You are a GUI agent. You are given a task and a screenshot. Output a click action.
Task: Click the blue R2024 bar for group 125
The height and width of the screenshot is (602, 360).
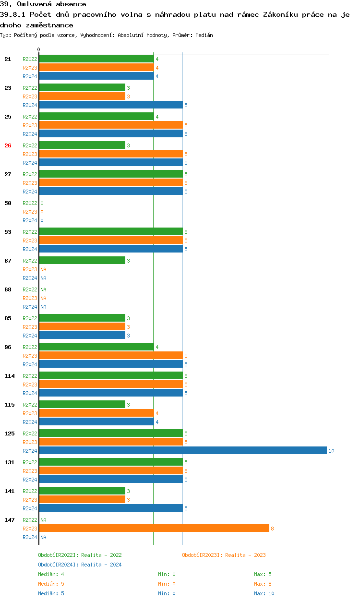[182, 450]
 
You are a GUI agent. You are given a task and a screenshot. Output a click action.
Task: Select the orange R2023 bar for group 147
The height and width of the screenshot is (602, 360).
[154, 528]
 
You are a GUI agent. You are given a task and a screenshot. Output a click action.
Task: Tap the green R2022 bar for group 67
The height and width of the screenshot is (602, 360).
[82, 260]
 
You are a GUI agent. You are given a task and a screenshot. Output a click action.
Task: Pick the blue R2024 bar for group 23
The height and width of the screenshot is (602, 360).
[110, 105]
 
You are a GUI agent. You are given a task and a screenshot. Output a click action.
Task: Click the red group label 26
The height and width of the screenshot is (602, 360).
[8, 145]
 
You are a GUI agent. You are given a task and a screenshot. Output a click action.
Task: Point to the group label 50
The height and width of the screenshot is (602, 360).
[8, 203]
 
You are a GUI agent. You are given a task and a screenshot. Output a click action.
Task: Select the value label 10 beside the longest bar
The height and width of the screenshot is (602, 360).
[331, 451]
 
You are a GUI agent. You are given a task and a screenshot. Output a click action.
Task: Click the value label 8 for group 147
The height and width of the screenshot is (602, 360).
[272, 529]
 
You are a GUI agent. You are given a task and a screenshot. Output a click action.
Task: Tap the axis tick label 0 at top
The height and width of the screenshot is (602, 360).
[39, 49]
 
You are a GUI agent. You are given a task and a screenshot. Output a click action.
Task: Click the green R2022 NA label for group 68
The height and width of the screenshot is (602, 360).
[43, 289]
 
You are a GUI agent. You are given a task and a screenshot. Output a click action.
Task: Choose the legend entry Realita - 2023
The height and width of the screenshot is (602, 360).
[224, 555]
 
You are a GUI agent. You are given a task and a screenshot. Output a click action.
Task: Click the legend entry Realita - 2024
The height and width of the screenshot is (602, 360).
[80, 565]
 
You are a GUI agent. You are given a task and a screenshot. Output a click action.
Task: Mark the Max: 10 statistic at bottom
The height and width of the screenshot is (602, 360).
[264, 593]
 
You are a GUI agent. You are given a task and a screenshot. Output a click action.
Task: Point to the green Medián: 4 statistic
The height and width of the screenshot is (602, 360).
[51, 574]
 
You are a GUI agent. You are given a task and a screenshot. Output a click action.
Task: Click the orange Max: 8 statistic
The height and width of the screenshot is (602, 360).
[263, 584]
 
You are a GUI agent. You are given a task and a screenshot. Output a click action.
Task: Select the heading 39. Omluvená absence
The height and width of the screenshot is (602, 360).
[43, 4]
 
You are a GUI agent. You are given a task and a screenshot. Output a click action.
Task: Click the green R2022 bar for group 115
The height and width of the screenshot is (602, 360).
[82, 404]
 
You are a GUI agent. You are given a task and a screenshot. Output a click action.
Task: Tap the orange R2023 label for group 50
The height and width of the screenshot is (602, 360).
[30, 212]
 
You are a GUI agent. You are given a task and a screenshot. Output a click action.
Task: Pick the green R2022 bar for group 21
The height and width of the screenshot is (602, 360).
[96, 59]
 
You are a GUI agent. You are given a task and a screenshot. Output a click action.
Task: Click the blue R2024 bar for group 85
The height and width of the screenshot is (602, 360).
[82, 335]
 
